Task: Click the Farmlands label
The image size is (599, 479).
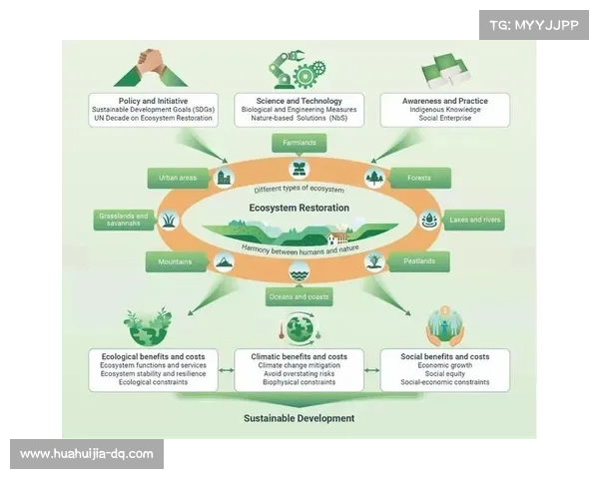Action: click(x=299, y=143)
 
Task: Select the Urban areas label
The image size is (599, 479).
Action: click(x=177, y=179)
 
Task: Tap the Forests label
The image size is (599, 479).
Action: click(x=418, y=179)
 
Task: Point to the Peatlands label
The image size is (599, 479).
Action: click(x=418, y=262)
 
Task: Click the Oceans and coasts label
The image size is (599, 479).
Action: click(x=299, y=297)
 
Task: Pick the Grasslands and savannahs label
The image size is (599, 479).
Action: click(x=124, y=220)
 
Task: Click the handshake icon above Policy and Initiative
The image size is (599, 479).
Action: click(x=149, y=68)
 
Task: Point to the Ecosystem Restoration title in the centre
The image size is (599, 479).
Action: click(x=299, y=208)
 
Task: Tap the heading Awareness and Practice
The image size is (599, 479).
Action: click(x=446, y=101)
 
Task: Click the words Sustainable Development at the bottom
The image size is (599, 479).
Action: click(x=299, y=418)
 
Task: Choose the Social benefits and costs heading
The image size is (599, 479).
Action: click(x=444, y=356)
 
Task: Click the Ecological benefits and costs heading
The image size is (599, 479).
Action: click(x=152, y=356)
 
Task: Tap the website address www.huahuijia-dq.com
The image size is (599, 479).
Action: click(x=87, y=454)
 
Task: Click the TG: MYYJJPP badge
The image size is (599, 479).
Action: click(x=534, y=23)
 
